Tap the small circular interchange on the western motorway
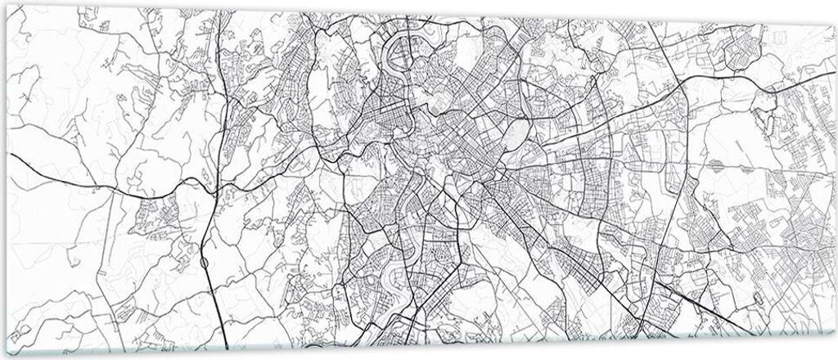pos(202,260)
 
